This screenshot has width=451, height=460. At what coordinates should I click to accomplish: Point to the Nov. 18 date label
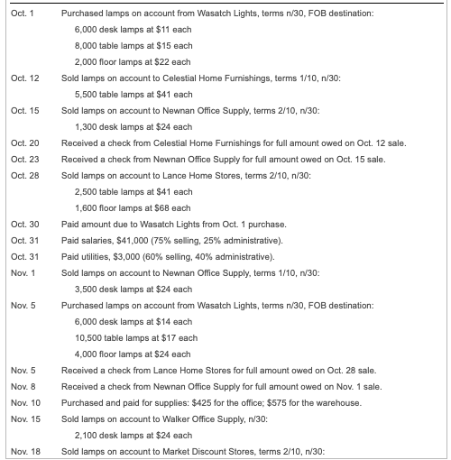26,449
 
